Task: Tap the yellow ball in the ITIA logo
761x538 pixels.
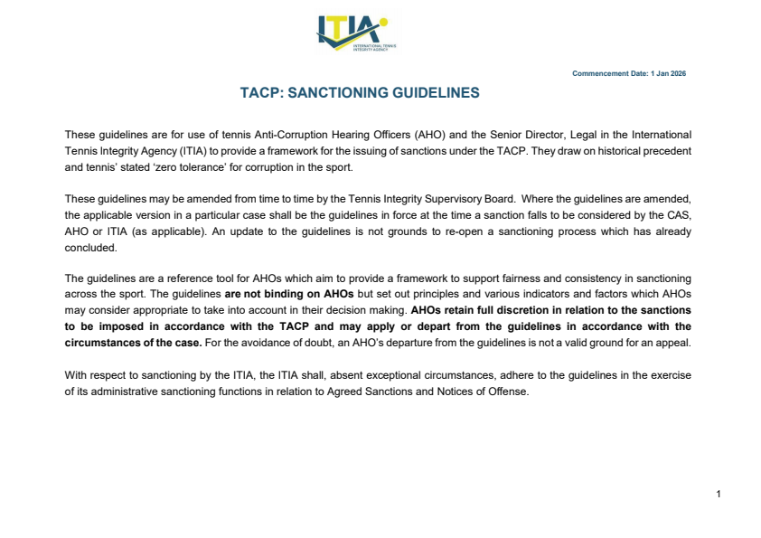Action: pos(384,22)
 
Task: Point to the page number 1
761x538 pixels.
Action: pos(718,494)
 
